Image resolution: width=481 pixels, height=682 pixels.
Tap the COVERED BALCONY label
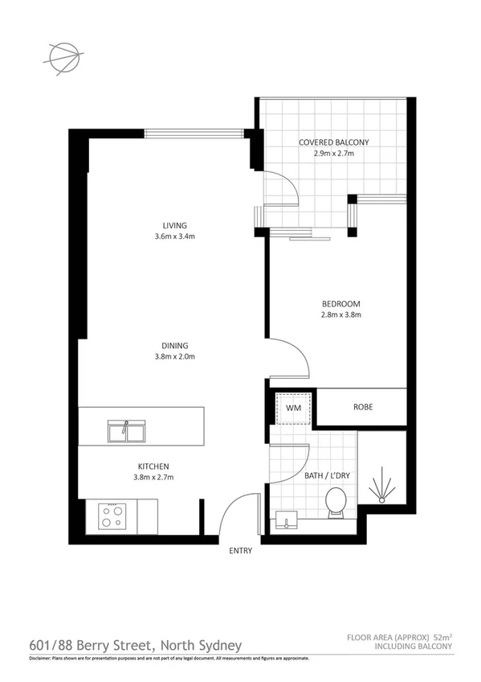pyautogui.click(x=333, y=142)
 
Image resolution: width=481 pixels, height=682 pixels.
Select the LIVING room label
pyautogui.click(x=173, y=225)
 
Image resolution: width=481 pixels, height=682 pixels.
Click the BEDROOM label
pyautogui.click(x=341, y=303)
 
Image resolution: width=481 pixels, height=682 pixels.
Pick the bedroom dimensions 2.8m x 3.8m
pyautogui.click(x=341, y=315)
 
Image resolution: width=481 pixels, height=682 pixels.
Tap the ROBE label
pyautogui.click(x=363, y=407)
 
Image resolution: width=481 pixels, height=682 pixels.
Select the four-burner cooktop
pyautogui.click(x=110, y=515)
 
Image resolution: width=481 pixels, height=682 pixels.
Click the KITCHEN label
pyautogui.click(x=153, y=467)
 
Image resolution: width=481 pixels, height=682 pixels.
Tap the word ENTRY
pyautogui.click(x=240, y=551)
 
